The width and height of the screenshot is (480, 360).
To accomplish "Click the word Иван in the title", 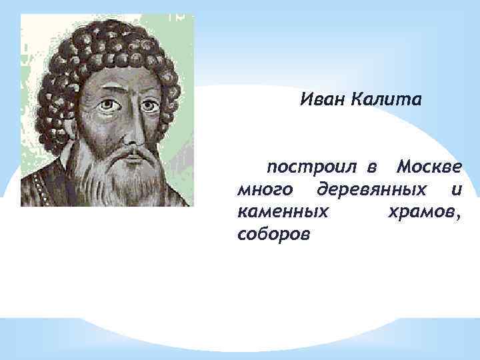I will (322, 100).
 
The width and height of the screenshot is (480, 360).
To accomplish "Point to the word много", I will (264, 189).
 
